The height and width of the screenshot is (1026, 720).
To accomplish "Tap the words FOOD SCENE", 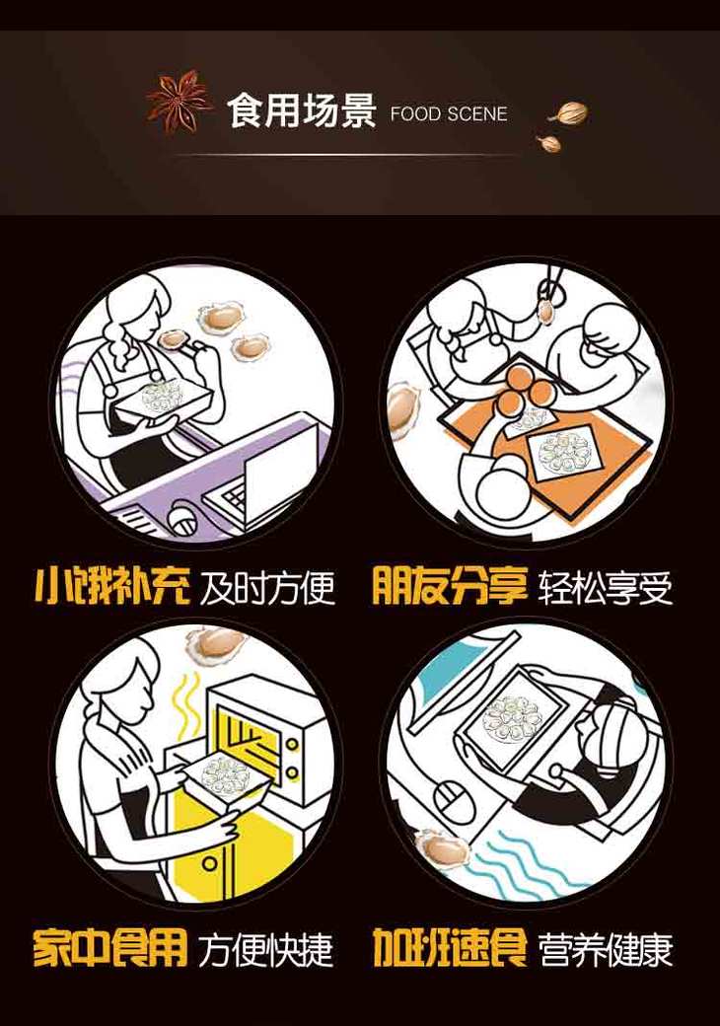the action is click(x=449, y=113).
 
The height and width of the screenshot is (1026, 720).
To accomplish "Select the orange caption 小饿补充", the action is click(x=111, y=585).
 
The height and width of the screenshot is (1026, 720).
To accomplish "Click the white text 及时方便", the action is click(x=267, y=587).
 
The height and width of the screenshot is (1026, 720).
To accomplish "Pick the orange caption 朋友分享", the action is click(x=450, y=585).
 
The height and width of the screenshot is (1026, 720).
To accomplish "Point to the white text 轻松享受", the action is click(x=606, y=587).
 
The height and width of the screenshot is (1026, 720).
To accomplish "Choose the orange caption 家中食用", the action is click(x=110, y=948).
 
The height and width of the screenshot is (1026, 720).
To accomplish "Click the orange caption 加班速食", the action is click(x=450, y=947).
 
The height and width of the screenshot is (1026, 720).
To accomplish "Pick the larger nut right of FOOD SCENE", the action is click(x=568, y=113).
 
